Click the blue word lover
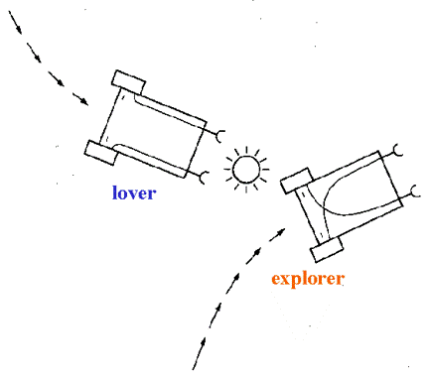[134, 192]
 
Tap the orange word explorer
[308, 279]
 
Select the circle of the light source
[246, 169]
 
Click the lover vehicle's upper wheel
[128, 82]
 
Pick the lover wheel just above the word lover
[101, 153]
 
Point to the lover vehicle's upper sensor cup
[220, 136]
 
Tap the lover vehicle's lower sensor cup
[204, 178]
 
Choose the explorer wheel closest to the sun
[297, 181]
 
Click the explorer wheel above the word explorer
[327, 249]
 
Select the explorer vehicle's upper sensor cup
[398, 151]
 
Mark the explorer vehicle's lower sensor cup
[415, 191]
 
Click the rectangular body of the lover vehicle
[153, 132]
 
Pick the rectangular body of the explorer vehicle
[350, 196]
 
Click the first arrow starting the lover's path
[15, 23]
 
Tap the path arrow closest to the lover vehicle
[80, 99]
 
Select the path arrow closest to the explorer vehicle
[277, 234]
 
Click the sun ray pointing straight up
[246, 151]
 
